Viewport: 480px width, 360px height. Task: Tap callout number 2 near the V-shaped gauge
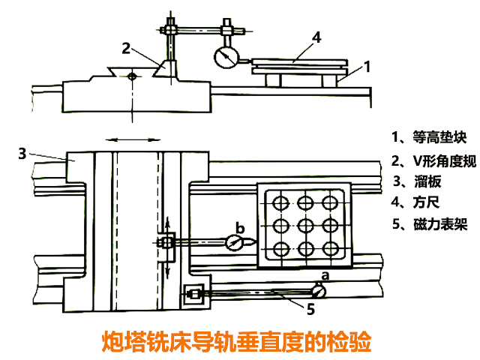[x=127, y=48]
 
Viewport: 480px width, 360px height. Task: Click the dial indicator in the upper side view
[x=223, y=58]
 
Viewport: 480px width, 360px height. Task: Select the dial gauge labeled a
[x=319, y=290]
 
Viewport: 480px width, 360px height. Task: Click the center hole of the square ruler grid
[x=304, y=224]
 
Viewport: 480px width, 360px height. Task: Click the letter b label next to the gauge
[x=240, y=227]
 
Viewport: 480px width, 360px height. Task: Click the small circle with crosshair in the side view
[x=132, y=76]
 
